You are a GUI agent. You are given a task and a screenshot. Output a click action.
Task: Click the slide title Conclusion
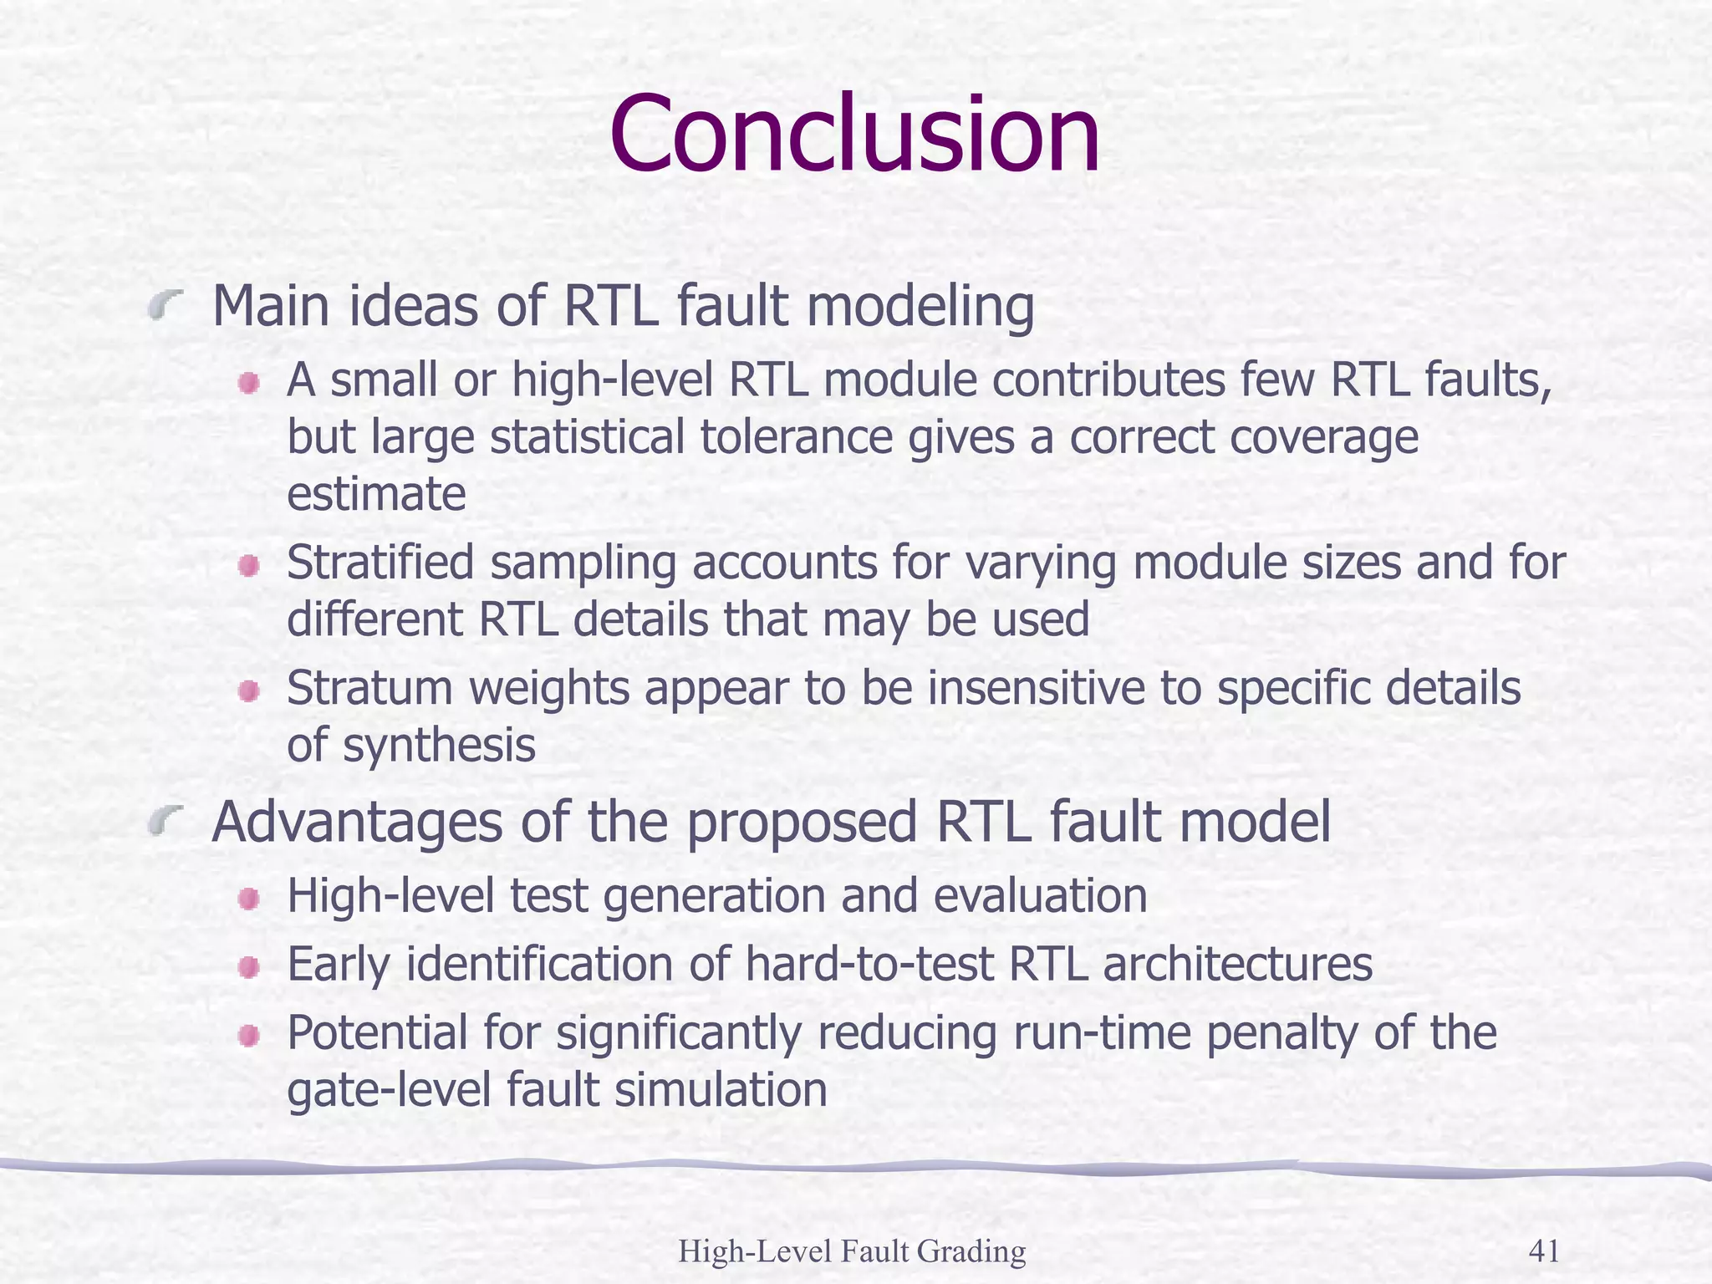(854, 136)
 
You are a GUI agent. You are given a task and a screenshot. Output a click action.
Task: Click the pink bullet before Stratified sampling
(248, 568)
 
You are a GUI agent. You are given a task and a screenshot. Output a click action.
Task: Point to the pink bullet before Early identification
(248, 968)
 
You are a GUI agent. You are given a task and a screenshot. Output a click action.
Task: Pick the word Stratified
(380, 563)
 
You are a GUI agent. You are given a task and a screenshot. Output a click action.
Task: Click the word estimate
(376, 495)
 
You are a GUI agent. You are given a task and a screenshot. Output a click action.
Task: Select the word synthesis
(439, 746)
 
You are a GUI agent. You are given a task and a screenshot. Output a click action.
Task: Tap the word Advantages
(357, 823)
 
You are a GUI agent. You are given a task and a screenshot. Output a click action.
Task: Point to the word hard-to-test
(869, 965)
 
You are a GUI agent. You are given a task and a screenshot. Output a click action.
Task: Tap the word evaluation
(1040, 896)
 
